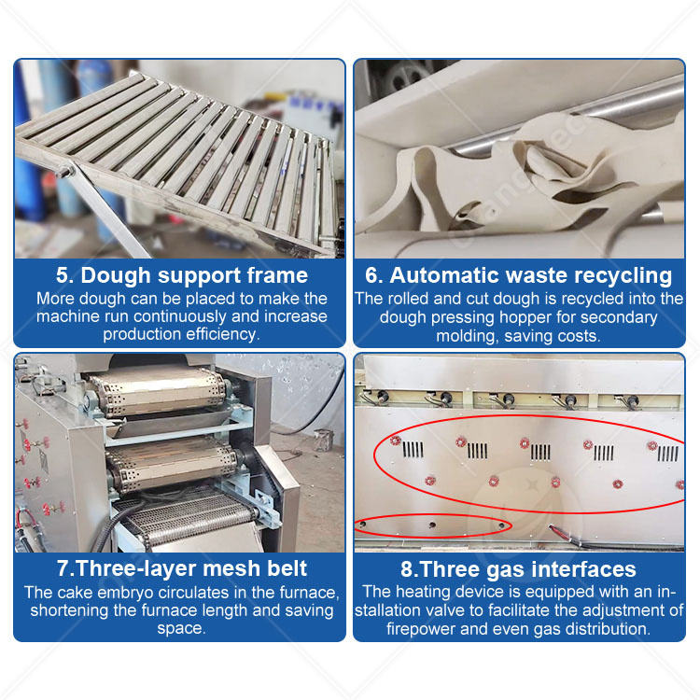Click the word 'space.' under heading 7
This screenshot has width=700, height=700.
click(x=181, y=629)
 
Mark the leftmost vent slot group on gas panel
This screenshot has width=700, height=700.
click(x=413, y=450)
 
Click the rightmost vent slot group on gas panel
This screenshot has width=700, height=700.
click(x=668, y=454)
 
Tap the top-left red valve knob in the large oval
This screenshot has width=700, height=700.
click(x=395, y=441)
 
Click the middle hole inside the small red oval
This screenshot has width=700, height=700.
click(x=432, y=525)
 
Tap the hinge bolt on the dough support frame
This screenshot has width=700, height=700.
click(x=65, y=171)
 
